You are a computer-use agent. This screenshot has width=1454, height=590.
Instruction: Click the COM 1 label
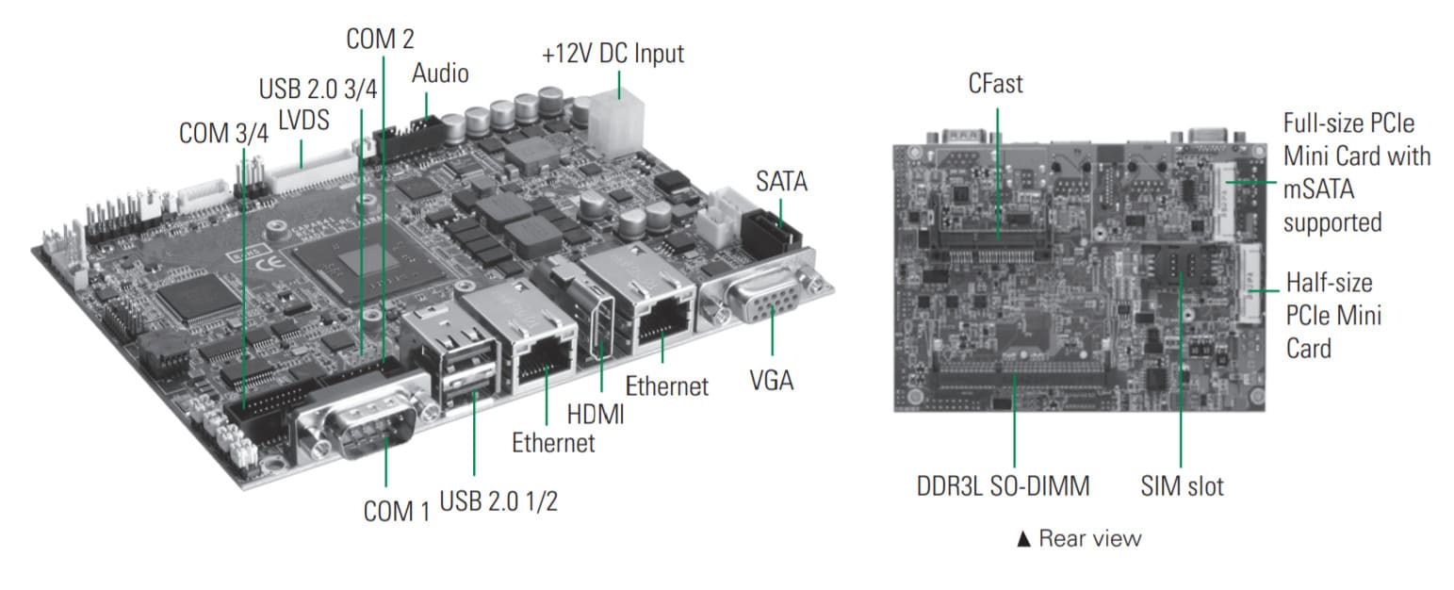pos(396,512)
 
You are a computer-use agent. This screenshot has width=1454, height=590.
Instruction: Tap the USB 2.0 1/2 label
pos(498,500)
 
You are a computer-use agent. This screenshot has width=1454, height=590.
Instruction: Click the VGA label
pos(771,381)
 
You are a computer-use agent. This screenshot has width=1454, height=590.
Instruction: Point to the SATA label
pos(781,181)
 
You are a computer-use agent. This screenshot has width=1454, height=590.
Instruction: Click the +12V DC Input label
pos(613,54)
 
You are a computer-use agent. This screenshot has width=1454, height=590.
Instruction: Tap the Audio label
pos(440,73)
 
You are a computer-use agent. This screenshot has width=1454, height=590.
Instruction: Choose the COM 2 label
pos(380,39)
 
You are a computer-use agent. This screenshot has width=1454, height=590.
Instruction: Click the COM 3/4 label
pos(223,133)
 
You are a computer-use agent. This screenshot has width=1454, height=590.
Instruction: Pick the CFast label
pos(995,85)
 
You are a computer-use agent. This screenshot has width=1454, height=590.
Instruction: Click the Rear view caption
pos(1079,538)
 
